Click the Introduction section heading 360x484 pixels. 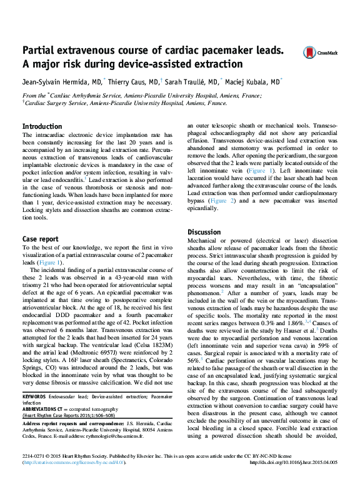[42, 126]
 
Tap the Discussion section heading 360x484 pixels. [204, 232]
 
